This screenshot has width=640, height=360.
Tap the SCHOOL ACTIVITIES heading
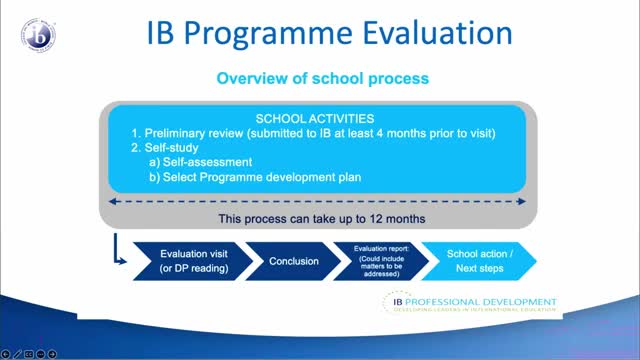(x=316, y=118)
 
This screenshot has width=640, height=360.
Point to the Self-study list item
(x=166, y=147)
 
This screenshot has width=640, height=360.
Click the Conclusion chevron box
(x=294, y=261)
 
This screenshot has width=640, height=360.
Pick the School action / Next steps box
(x=478, y=261)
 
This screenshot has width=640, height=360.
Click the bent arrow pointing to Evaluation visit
(x=120, y=255)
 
